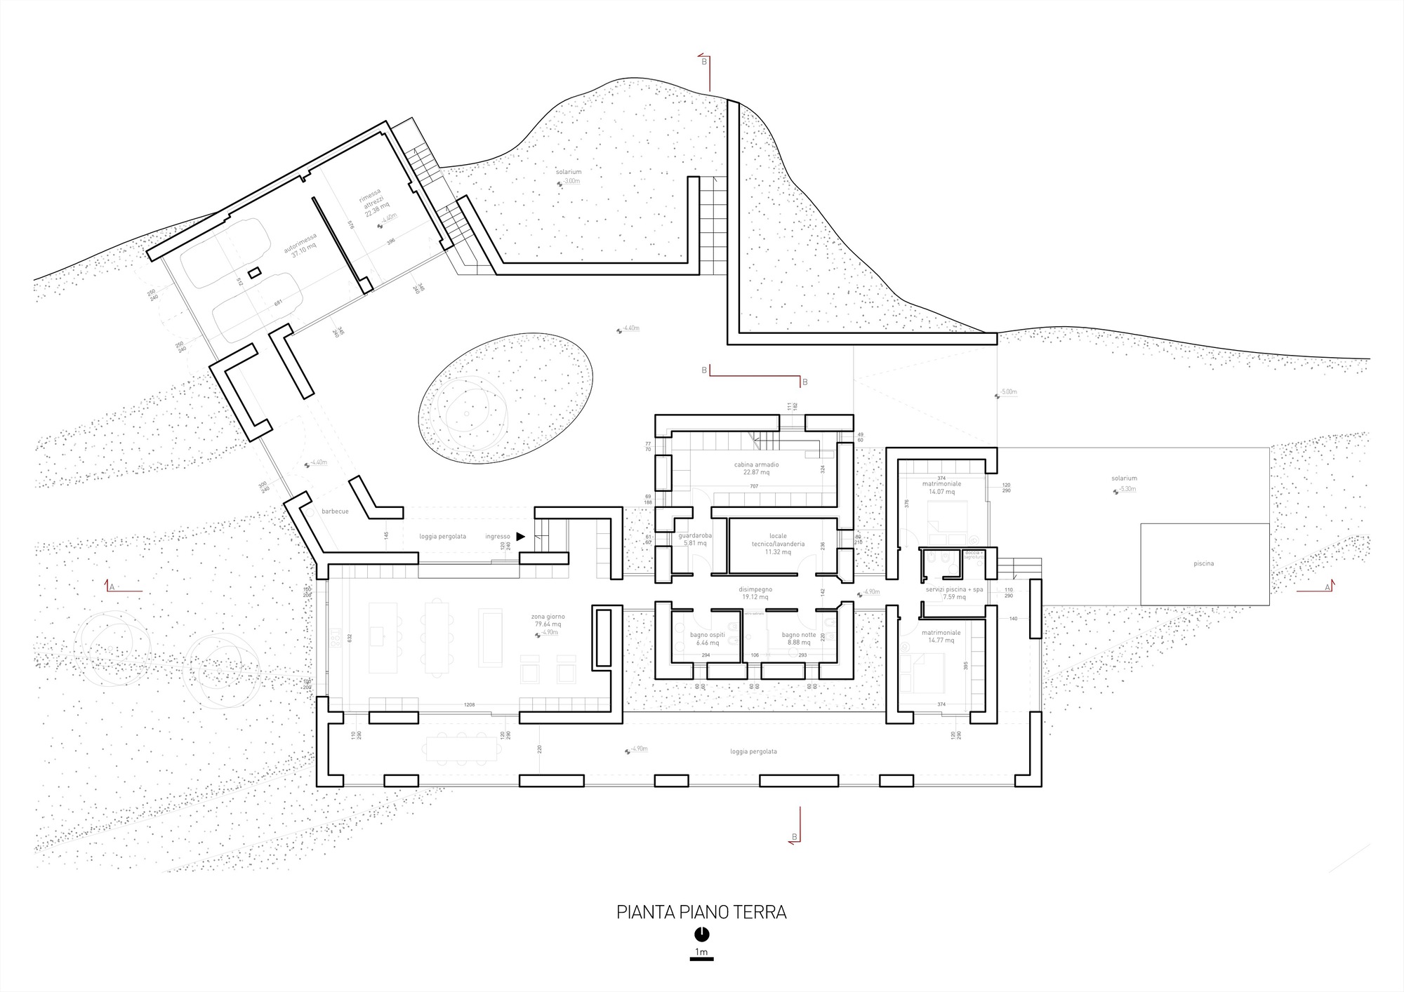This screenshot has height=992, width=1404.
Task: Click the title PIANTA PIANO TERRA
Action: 701,912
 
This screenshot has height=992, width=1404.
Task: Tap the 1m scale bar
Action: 701,958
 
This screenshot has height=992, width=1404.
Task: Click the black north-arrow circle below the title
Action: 701,934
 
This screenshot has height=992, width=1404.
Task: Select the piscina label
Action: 1203,563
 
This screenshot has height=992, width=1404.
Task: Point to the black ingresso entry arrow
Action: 520,537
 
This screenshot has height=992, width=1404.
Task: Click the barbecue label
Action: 335,511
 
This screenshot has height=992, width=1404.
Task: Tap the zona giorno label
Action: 548,617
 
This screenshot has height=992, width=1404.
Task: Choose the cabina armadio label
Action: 756,464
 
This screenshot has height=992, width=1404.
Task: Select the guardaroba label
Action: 695,535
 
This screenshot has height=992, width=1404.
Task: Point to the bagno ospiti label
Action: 707,635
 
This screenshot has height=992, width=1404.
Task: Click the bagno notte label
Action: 799,635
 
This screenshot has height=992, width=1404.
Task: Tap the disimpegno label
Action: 755,589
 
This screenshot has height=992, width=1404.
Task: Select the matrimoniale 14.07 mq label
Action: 941,484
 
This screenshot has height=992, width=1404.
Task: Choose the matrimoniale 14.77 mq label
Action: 941,633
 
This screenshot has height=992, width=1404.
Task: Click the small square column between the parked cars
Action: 255,272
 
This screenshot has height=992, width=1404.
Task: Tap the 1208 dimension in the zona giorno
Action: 469,704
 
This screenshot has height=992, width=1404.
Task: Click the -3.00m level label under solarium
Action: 571,181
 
